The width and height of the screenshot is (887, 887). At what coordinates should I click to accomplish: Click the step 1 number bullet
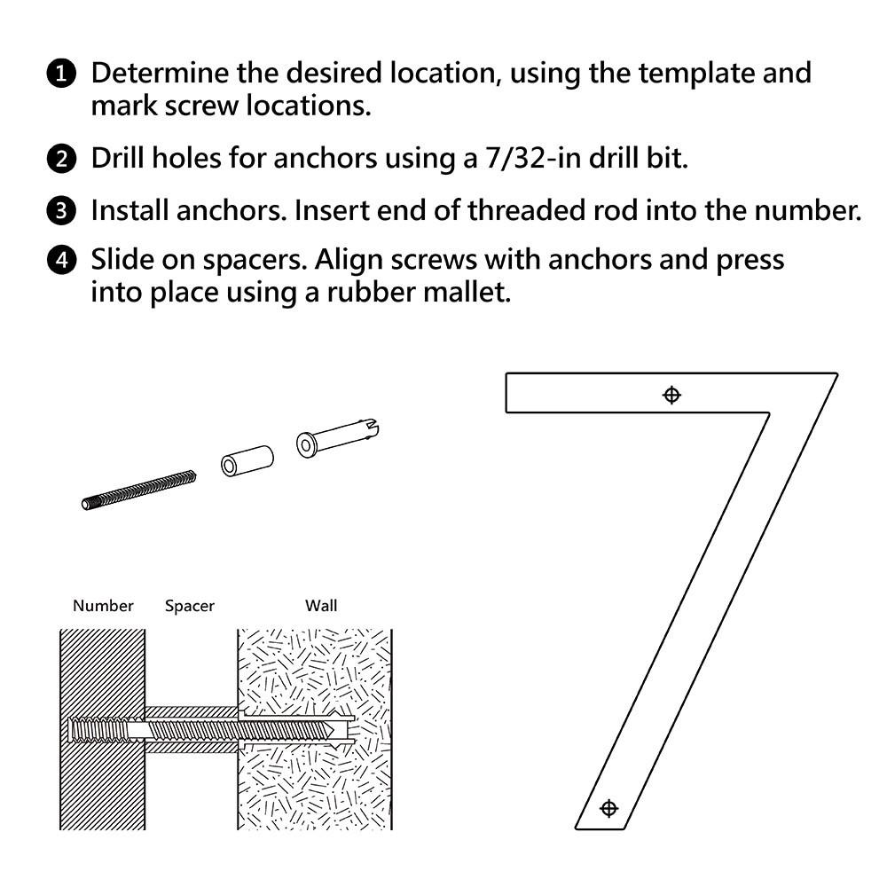(61, 75)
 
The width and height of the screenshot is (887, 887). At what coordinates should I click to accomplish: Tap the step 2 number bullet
(61, 159)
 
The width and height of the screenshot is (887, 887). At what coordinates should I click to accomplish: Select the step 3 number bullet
(61, 211)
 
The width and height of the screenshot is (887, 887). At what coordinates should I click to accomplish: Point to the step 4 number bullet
(61, 260)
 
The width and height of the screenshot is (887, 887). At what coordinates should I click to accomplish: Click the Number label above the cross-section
(103, 606)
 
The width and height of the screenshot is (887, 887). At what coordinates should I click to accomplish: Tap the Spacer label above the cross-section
(190, 607)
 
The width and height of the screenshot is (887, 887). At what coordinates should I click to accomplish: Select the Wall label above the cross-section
(321, 606)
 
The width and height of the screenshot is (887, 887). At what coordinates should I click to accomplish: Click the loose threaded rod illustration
(138, 490)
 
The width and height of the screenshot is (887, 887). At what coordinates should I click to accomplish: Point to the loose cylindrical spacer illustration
(247, 461)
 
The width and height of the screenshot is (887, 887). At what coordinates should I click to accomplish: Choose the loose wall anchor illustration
(338, 438)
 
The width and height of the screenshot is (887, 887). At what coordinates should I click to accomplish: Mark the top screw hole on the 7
(671, 395)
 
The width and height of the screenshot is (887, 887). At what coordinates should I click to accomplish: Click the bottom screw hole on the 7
(608, 808)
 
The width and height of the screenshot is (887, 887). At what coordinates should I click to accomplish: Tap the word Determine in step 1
(160, 74)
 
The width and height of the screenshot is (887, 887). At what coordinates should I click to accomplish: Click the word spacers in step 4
(254, 262)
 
